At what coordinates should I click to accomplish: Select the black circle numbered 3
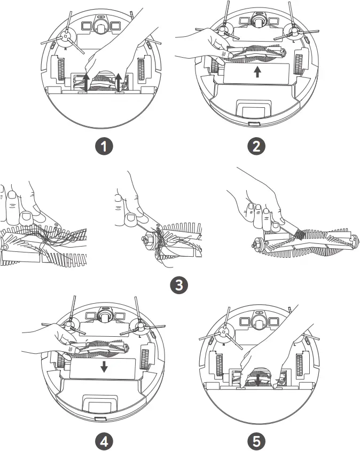pyautogui.click(x=178, y=284)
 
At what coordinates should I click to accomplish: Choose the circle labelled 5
pyautogui.click(x=258, y=441)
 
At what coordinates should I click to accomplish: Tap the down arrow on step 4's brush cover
pyautogui.click(x=104, y=366)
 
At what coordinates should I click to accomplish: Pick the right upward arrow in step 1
pyautogui.click(x=119, y=82)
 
